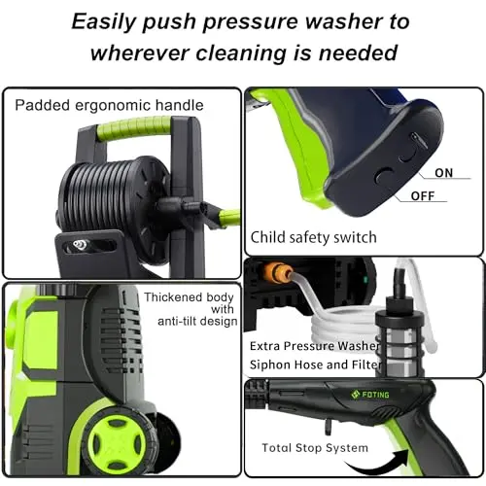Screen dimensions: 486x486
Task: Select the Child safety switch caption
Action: coord(314,236)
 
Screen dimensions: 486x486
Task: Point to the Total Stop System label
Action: coord(315,448)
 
